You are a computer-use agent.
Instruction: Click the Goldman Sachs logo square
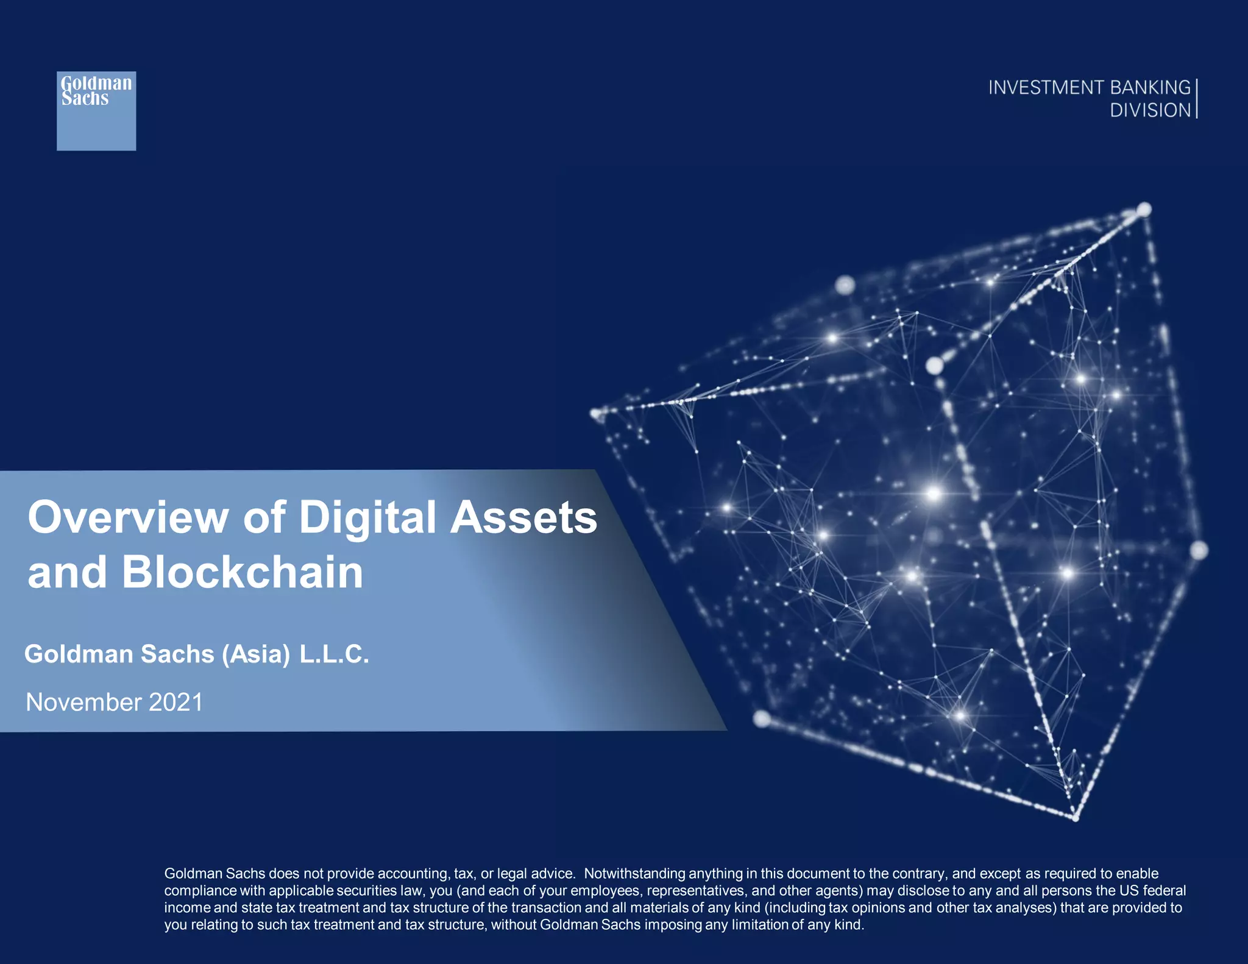pyautogui.click(x=96, y=111)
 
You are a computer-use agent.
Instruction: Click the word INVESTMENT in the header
pyautogui.click(x=1045, y=88)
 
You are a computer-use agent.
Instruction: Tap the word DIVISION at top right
pyautogui.click(x=1150, y=110)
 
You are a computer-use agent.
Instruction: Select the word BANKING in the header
pyautogui.click(x=1150, y=88)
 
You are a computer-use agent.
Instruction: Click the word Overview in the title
pyautogui.click(x=127, y=518)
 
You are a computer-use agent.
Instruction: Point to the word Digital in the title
pyautogui.click(x=367, y=518)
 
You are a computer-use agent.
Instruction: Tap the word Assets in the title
pyautogui.click(x=523, y=518)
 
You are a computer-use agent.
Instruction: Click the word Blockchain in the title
pyautogui.click(x=242, y=573)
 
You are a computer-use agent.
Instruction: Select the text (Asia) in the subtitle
pyautogui.click(x=256, y=654)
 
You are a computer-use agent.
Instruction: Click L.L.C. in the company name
pyautogui.click(x=334, y=654)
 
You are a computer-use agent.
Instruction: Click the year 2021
pyautogui.click(x=175, y=703)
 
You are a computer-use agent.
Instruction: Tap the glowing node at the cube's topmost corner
pyautogui.click(x=1144, y=210)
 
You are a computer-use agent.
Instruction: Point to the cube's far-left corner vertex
pyautogui.click(x=597, y=414)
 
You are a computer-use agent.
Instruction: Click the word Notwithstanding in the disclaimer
pyautogui.click(x=634, y=874)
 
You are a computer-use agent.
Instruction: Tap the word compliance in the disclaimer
pyautogui.click(x=200, y=891)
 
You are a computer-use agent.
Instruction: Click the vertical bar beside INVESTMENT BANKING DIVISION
pyautogui.click(x=1197, y=98)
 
